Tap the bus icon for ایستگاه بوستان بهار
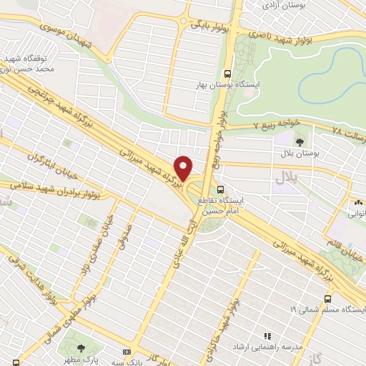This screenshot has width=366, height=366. point(227,74)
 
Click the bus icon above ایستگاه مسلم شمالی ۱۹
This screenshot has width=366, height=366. point(327,298)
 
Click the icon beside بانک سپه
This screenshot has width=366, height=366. point(127,353)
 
